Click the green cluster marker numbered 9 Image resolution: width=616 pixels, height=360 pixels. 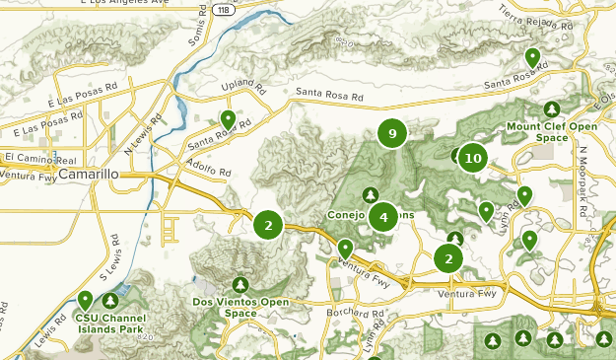[x=392, y=133]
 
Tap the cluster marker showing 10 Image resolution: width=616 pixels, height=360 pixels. [x=473, y=158]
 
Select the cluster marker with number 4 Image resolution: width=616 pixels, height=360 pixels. [x=382, y=217]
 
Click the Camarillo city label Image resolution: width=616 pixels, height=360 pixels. [x=89, y=175]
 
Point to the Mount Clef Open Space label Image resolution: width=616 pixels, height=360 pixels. [x=551, y=132]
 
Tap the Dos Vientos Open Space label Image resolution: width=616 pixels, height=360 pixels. [x=240, y=307]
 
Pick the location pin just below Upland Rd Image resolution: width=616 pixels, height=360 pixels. [x=228, y=119]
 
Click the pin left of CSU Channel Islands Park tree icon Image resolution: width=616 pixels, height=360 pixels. [x=86, y=299]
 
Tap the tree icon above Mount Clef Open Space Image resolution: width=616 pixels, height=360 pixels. [x=551, y=109]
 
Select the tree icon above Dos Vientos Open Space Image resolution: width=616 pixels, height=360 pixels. [x=240, y=286]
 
